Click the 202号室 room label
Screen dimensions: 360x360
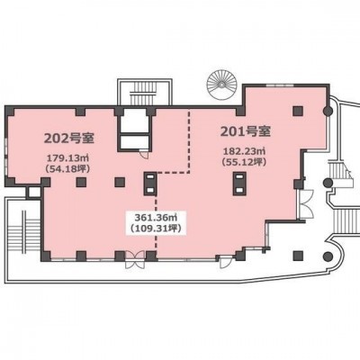(69, 139)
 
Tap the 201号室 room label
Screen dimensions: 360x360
(246, 131)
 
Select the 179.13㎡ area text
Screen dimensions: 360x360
(68, 157)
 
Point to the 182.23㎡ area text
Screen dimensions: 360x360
(244, 150)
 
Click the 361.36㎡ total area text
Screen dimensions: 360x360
(156, 216)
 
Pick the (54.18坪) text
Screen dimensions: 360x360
(67, 168)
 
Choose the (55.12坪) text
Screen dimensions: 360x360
(244, 162)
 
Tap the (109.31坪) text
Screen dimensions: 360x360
(156, 229)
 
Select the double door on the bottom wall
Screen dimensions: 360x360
(135, 260)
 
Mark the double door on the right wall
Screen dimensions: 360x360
(306, 204)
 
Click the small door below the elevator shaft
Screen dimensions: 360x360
(145, 154)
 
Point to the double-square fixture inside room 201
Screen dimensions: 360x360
(239, 184)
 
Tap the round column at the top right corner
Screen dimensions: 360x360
(328, 112)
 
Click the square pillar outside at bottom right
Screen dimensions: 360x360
(298, 256)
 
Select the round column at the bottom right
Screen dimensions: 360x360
(328, 256)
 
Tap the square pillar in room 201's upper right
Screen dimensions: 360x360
(298, 111)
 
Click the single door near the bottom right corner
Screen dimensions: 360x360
(224, 262)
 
